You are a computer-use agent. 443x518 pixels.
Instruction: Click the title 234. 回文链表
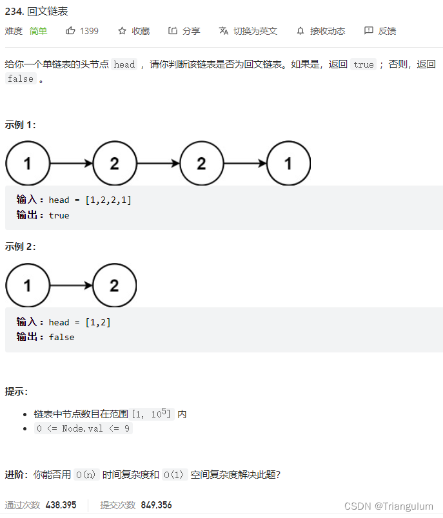[x=36, y=12]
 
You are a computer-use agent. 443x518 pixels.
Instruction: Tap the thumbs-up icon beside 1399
[x=70, y=31]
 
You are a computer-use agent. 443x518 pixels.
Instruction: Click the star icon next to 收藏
[x=122, y=31]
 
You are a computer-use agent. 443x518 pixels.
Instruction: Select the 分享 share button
[x=184, y=31]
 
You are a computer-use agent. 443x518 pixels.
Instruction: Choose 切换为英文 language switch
[x=248, y=31]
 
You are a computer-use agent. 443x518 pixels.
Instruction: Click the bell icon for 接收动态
[x=300, y=31]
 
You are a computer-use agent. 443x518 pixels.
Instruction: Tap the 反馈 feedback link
[x=380, y=31]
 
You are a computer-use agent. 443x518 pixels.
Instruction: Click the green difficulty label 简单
[x=38, y=31]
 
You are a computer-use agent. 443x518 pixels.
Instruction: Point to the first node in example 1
[x=28, y=164]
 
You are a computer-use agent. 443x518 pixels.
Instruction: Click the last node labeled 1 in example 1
[x=288, y=164]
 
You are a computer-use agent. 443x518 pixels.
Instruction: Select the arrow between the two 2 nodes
[x=158, y=164]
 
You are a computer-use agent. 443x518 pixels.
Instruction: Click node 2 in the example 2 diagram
[x=115, y=285]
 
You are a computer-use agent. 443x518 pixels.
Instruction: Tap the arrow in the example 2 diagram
[x=71, y=285]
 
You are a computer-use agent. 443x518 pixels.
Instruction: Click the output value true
[x=59, y=215]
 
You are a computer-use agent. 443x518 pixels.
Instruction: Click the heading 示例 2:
[x=21, y=247]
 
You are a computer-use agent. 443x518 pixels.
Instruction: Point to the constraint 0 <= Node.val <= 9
[x=83, y=428]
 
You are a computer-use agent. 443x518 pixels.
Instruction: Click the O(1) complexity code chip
[x=175, y=475]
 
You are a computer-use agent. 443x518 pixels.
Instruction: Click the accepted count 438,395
[x=61, y=505]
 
